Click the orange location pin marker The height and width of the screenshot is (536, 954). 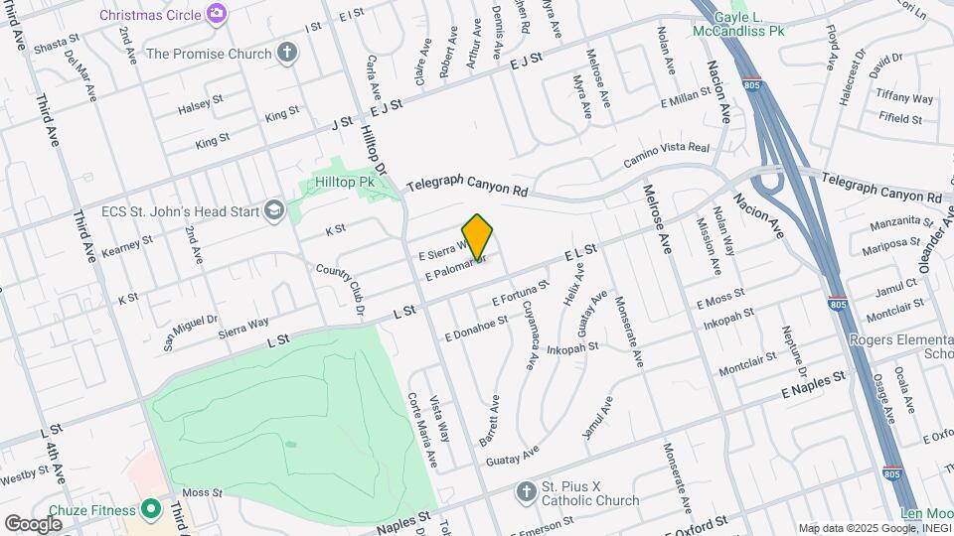tap(478, 237)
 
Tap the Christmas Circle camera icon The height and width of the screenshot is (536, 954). tap(216, 13)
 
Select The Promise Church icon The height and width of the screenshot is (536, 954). tap(287, 53)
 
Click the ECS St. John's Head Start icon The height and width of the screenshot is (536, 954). tap(273, 210)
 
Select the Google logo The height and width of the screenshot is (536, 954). tap(33, 523)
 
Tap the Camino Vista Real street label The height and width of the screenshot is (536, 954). tap(666, 155)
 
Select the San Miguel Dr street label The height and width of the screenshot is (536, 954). tap(190, 332)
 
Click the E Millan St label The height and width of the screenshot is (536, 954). tap(693, 102)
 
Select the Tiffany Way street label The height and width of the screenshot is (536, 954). tap(904, 98)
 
